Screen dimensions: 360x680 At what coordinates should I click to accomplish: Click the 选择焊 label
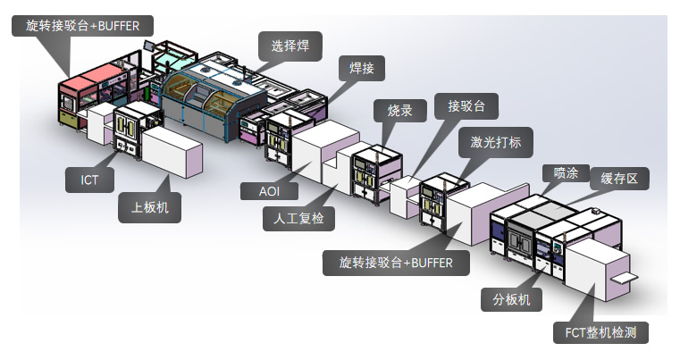(x=290, y=44)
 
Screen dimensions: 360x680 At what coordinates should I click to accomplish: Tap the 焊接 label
(x=363, y=68)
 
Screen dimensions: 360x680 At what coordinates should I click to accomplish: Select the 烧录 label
(x=399, y=111)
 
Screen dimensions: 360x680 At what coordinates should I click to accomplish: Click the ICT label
(x=89, y=180)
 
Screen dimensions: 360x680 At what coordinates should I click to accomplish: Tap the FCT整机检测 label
(x=600, y=334)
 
